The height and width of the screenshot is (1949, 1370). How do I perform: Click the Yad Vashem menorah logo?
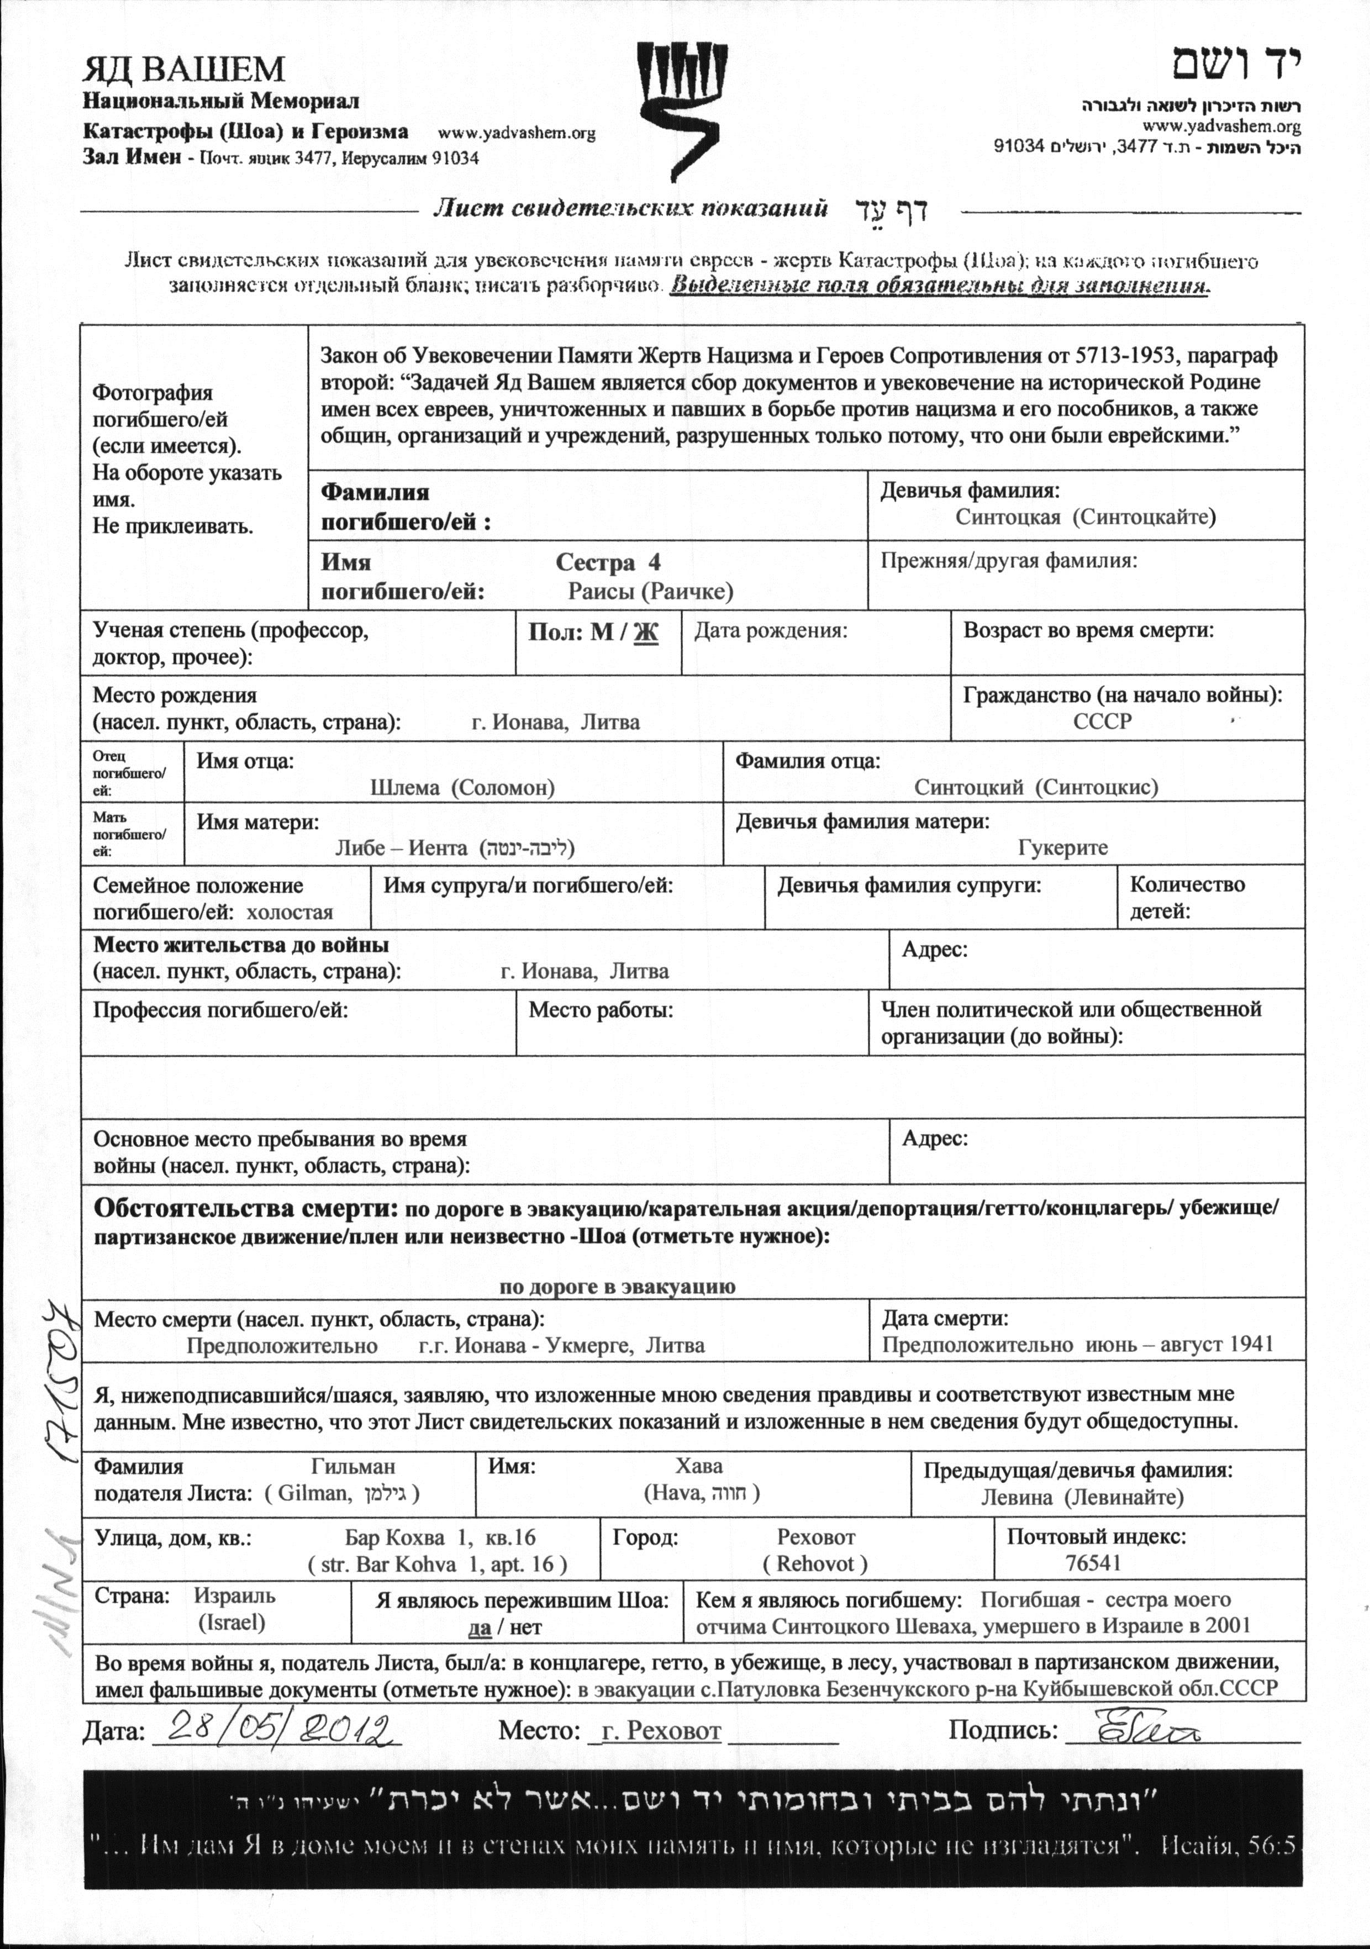[683, 110]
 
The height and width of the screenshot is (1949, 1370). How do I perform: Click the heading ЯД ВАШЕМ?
[183, 69]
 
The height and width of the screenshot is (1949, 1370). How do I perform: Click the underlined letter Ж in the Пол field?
[646, 633]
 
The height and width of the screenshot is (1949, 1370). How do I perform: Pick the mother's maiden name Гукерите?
[1063, 847]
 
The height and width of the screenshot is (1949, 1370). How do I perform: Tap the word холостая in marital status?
[289, 913]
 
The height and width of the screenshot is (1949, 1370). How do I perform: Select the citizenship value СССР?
[1103, 721]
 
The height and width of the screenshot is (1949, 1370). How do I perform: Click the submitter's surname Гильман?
[353, 1466]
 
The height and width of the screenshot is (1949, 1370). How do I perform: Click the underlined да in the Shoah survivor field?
[479, 1627]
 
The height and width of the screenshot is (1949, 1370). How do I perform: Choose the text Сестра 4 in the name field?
[608, 563]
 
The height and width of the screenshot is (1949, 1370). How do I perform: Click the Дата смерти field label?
[945, 1318]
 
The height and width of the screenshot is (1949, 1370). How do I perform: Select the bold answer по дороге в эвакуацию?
[617, 1286]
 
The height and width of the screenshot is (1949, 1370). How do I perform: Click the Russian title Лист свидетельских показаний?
[629, 209]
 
